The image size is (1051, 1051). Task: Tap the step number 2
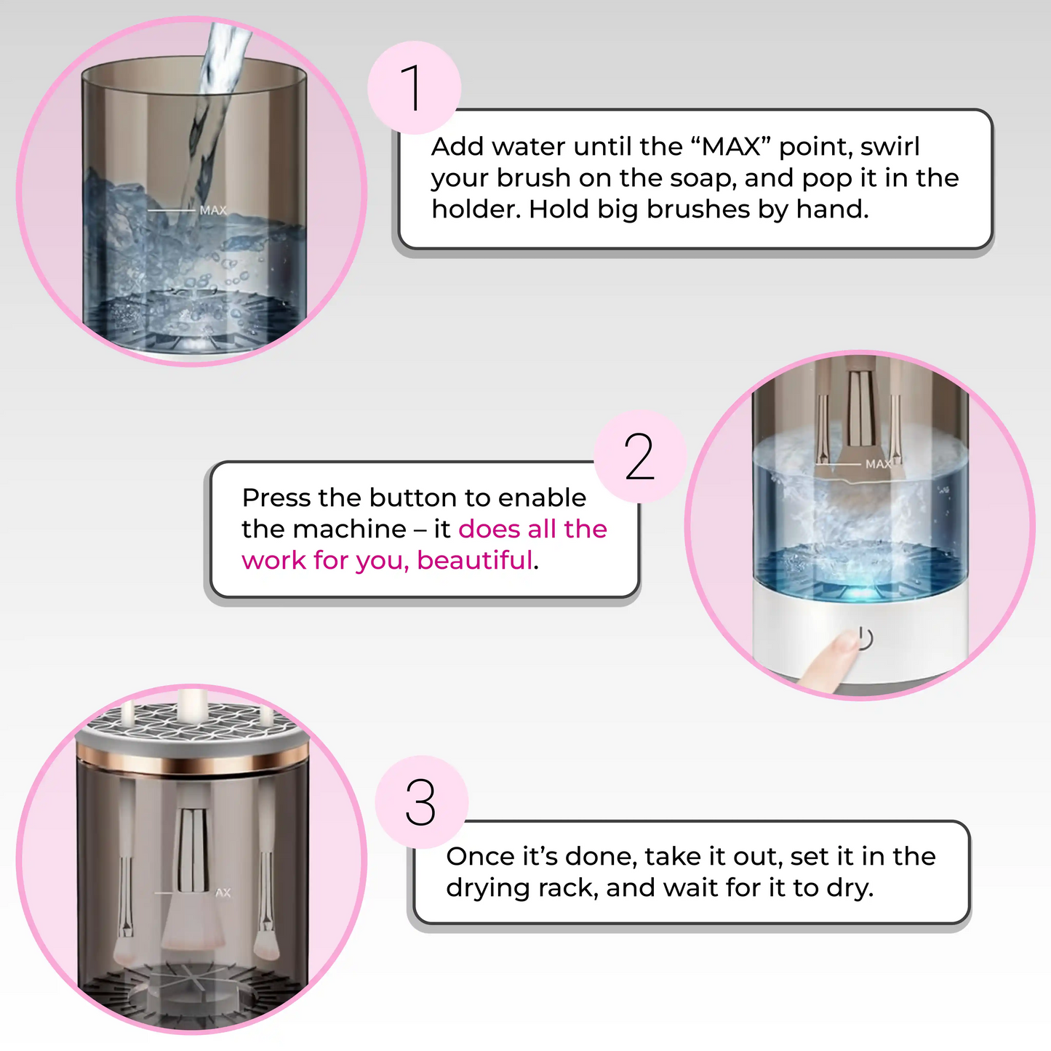click(x=639, y=457)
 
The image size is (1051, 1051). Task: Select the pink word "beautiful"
click(x=474, y=560)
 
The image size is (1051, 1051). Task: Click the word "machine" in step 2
click(x=349, y=529)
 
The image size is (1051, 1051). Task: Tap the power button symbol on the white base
click(x=865, y=638)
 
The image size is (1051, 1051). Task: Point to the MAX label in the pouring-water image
click(x=212, y=210)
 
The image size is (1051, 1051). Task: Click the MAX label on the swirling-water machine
click(x=878, y=463)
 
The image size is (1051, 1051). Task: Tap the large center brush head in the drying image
click(x=193, y=922)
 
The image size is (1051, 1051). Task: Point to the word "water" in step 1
click(x=527, y=146)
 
